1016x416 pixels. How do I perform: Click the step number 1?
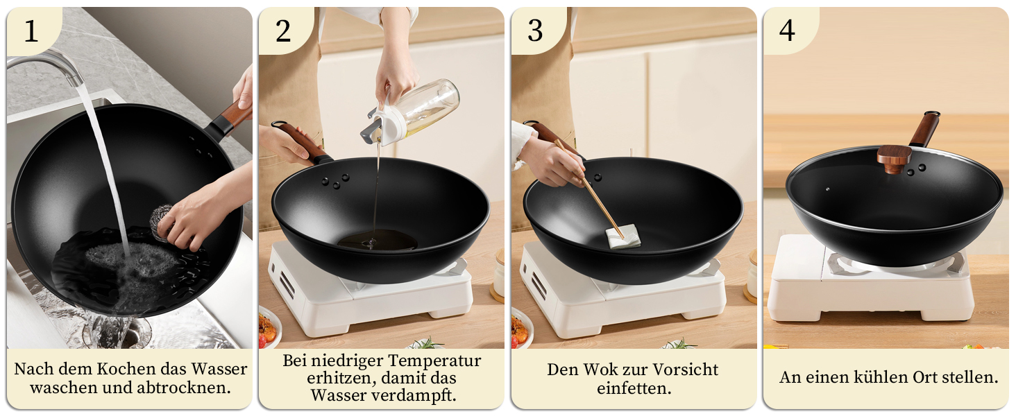pyautogui.click(x=31, y=31)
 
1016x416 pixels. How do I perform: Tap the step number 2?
pyautogui.click(x=283, y=31)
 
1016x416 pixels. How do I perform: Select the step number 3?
pyautogui.click(x=535, y=31)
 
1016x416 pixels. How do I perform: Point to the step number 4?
pyautogui.click(x=787, y=31)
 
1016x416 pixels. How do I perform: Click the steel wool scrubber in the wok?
pyautogui.click(x=160, y=222)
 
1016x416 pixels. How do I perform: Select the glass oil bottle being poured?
pyautogui.click(x=410, y=112)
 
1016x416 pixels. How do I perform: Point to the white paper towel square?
pyautogui.click(x=623, y=236)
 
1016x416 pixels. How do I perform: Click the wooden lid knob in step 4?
pyautogui.click(x=894, y=158)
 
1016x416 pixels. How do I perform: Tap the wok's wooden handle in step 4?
pyautogui.click(x=924, y=129)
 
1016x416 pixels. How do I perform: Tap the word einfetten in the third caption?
pyautogui.click(x=634, y=388)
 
